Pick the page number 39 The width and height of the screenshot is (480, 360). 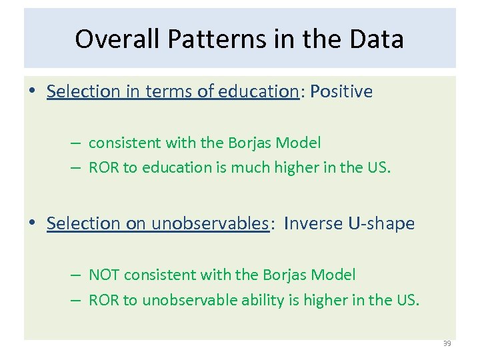click(x=447, y=343)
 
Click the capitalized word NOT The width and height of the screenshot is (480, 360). click(x=104, y=275)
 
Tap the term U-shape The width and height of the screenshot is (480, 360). click(x=381, y=223)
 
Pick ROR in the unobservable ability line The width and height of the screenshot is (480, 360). click(x=104, y=300)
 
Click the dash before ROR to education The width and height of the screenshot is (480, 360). click(x=78, y=167)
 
